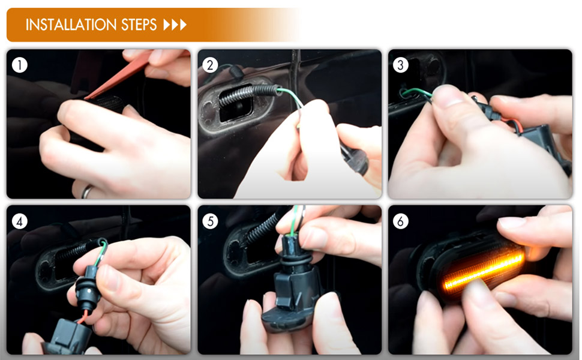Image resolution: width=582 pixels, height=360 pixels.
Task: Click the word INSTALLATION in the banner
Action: [71, 25]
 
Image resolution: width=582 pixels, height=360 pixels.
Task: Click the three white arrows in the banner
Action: [175, 25]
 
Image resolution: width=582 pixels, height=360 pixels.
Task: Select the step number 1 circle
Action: [20, 65]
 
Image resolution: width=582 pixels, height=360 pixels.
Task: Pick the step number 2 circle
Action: [210, 65]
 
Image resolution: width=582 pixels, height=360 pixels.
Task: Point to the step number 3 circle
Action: [400, 65]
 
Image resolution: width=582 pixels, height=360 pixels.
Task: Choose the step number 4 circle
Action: [20, 221]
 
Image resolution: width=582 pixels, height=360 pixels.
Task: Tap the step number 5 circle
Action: [210, 221]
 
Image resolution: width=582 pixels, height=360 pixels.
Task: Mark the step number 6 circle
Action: [400, 221]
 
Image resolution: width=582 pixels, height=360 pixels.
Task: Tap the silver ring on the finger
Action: [87, 191]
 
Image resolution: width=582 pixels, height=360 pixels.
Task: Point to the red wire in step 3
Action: [514, 124]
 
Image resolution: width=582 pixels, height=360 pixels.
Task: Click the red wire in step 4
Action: [84, 317]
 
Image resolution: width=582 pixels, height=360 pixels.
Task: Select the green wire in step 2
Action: [293, 99]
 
